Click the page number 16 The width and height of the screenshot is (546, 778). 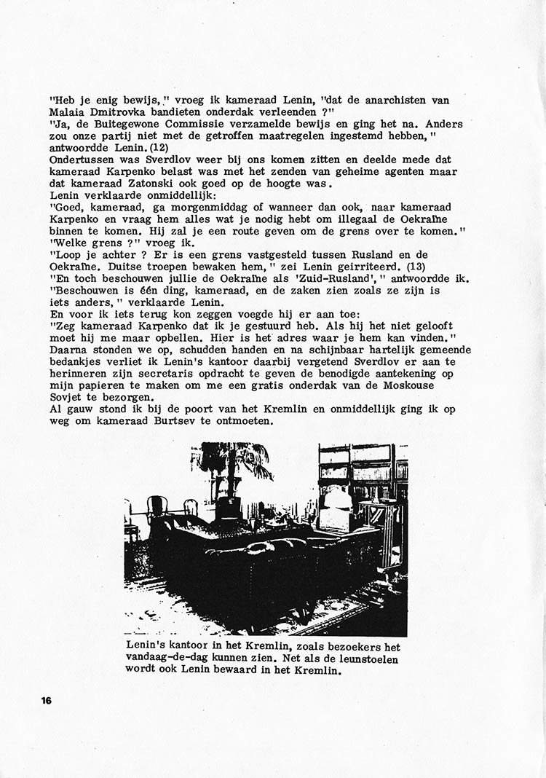tap(46, 701)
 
